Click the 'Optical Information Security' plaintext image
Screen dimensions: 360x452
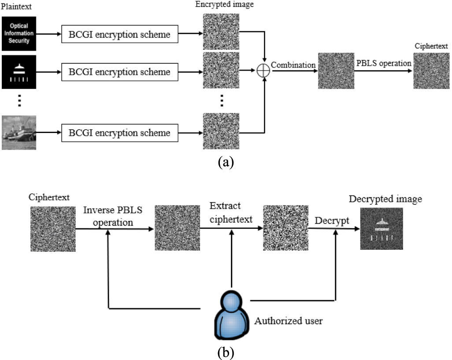point(19,34)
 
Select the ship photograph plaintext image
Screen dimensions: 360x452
point(19,132)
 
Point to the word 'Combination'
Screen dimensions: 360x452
point(293,65)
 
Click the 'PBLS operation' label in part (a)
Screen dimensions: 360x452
point(383,63)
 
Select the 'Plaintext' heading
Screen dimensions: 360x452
point(17,7)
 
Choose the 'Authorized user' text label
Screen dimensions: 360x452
point(288,321)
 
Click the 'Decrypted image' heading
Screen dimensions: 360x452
point(385,199)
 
